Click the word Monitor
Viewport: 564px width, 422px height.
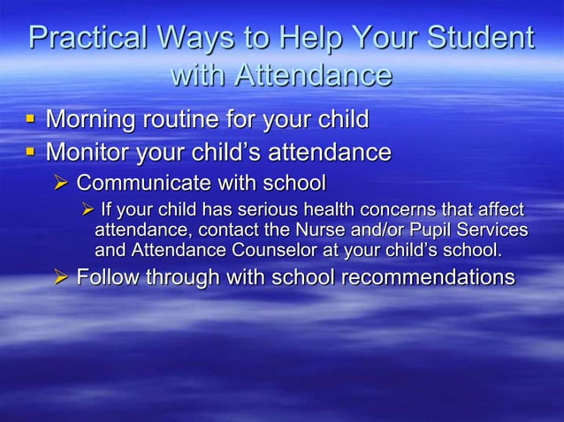91,152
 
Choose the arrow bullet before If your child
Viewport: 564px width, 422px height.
87,210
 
